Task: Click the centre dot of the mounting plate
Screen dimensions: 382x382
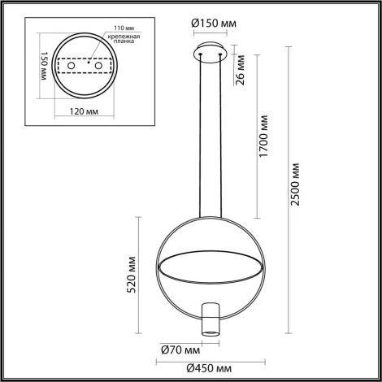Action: tap(85, 64)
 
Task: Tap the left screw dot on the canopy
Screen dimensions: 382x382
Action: tap(201, 56)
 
